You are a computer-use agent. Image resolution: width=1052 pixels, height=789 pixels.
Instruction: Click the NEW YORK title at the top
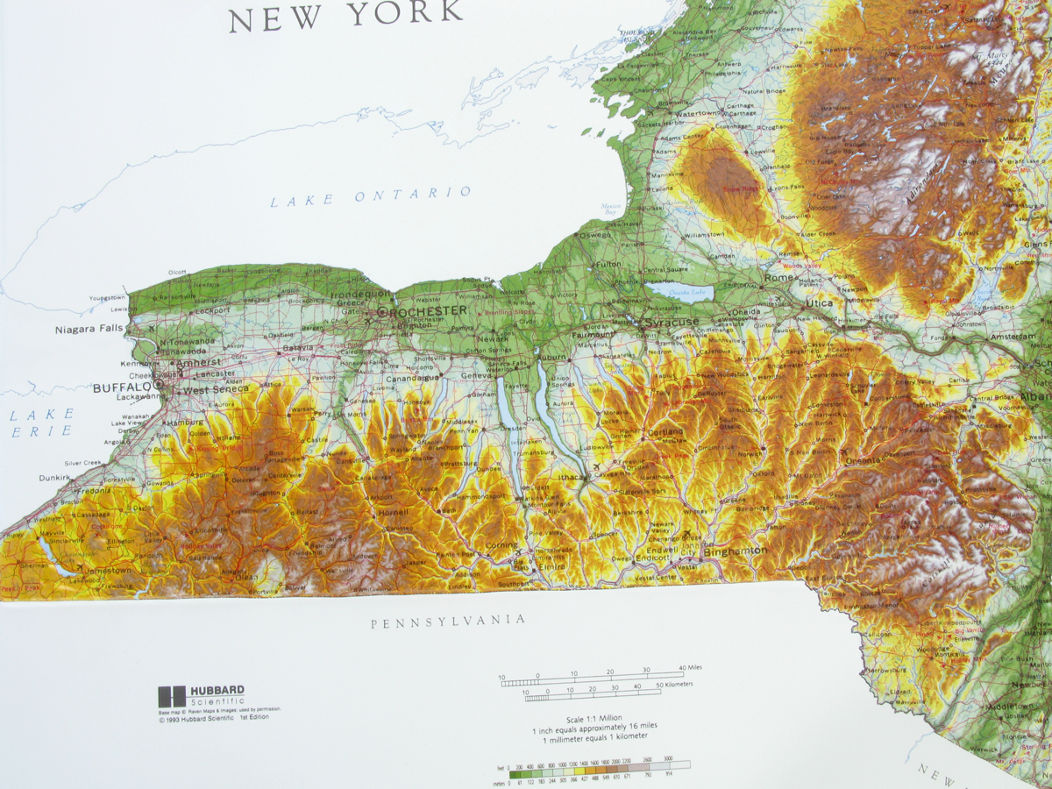(346, 15)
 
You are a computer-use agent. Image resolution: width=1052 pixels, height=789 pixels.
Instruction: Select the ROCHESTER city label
(429, 311)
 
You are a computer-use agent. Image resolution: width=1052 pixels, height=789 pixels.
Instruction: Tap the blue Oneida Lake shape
(676, 293)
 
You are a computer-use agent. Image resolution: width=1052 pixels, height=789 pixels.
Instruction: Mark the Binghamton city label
(735, 551)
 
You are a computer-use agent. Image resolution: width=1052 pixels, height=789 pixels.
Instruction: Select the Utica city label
(820, 303)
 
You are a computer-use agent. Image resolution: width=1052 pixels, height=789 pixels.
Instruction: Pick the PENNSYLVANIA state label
(448, 622)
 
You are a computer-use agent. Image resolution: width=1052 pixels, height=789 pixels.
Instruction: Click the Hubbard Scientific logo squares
(172, 697)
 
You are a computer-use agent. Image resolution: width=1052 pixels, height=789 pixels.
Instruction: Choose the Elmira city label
(550, 566)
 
